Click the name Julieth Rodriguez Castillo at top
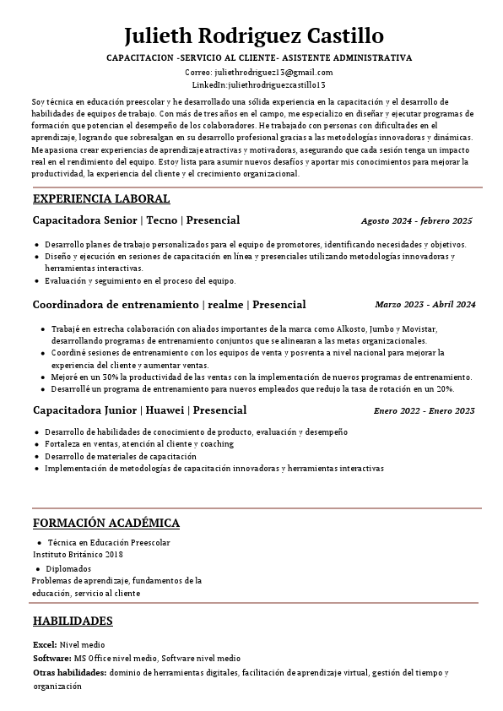click(x=253, y=36)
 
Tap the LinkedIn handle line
click(x=258, y=85)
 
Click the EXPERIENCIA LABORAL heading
click(x=101, y=199)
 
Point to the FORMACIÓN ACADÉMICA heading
click(x=106, y=524)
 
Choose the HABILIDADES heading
click(x=73, y=621)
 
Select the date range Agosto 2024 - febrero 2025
click(x=416, y=221)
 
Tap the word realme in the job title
click(x=226, y=304)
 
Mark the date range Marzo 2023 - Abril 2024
click(x=425, y=305)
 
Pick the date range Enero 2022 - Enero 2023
click(x=424, y=411)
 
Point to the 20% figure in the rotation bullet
click(x=445, y=389)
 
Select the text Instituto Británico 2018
click(x=78, y=555)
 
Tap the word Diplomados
click(x=68, y=569)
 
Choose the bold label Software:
click(x=51, y=659)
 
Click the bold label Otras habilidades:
click(x=70, y=673)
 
